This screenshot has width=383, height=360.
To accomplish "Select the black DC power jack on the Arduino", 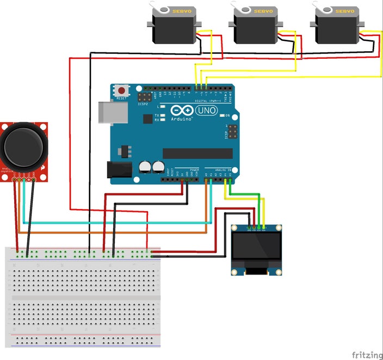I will (119, 170).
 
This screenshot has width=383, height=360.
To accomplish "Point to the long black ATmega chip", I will (197, 154).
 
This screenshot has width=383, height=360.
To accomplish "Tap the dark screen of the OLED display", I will (257, 247).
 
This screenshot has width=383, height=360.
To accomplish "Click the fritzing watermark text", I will (367, 355).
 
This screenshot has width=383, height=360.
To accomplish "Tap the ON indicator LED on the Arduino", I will (221, 115).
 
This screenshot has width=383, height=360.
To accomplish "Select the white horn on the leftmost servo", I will (161, 8).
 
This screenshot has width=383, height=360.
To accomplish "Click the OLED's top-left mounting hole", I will (235, 229).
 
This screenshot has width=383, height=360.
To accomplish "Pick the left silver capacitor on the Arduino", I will (145, 166).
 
